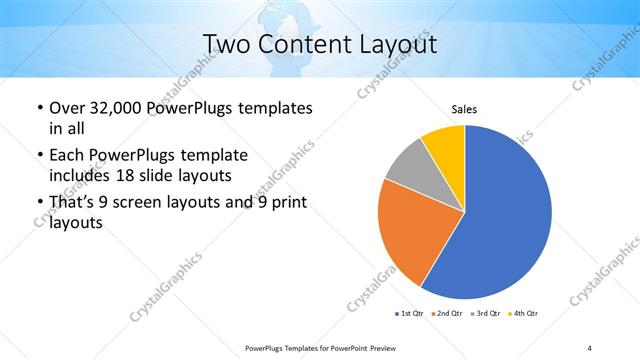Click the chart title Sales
tap(464, 107)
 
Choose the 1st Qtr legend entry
tap(408, 314)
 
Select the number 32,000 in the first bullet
tap(113, 107)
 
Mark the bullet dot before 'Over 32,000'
tap(39, 108)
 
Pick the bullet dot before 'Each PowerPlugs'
tap(39, 156)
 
